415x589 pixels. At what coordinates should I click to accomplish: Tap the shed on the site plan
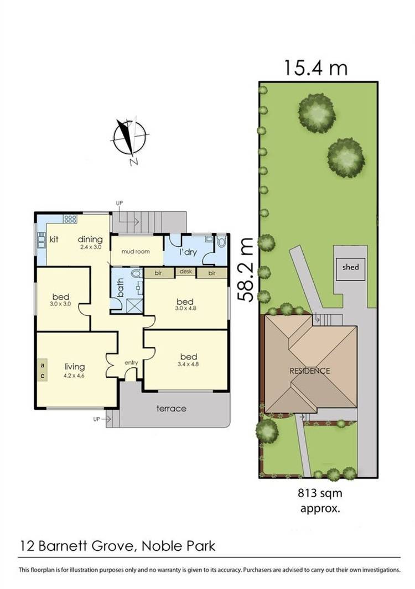(x=350, y=267)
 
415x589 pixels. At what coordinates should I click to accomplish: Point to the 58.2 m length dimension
(x=246, y=269)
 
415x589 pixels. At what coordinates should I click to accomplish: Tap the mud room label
(x=136, y=252)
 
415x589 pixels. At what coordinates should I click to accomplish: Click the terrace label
(x=171, y=409)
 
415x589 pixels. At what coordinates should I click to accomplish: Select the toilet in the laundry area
(x=222, y=241)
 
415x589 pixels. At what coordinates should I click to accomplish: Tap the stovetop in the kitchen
(x=70, y=219)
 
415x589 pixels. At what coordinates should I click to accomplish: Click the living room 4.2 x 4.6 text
(x=74, y=376)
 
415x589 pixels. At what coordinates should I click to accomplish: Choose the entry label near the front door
(x=131, y=362)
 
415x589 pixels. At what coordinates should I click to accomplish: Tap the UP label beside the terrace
(x=97, y=419)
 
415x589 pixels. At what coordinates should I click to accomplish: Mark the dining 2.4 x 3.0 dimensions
(x=90, y=248)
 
